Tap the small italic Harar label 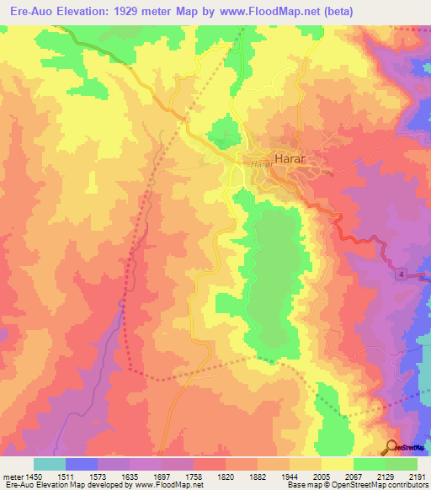(259, 164)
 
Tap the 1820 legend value (226, 476)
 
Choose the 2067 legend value (354, 476)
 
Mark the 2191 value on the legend (417, 476)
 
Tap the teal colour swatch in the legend (50, 464)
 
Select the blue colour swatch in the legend (82, 464)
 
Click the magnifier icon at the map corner (391, 447)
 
